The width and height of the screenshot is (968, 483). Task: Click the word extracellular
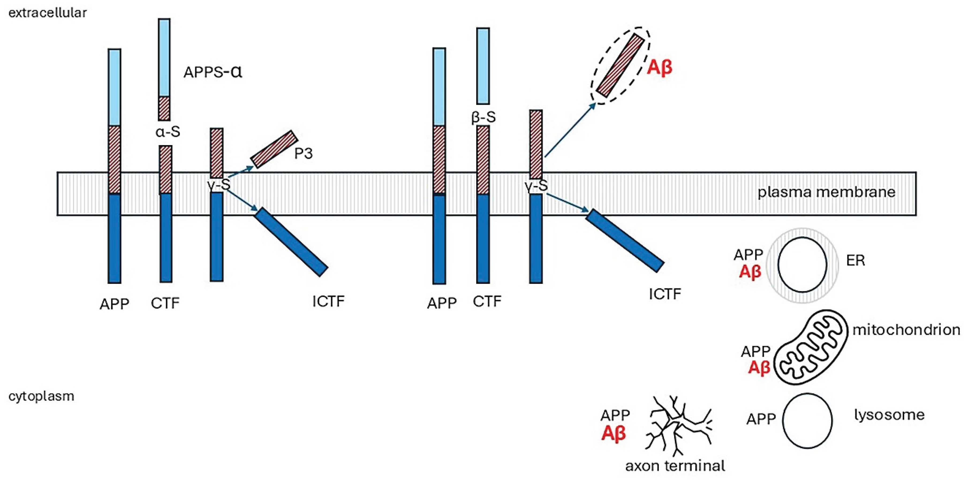click(47, 13)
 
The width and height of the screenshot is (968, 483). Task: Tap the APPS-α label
click(213, 71)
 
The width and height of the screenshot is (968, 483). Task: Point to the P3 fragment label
click(303, 153)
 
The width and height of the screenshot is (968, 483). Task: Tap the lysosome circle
click(807, 420)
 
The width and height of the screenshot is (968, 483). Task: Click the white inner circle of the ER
click(802, 265)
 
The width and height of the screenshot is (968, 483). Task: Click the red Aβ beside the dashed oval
click(660, 68)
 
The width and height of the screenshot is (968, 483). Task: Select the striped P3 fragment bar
click(274, 149)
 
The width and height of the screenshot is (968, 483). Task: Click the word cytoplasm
click(41, 396)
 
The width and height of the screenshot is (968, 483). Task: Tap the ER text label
click(855, 260)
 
